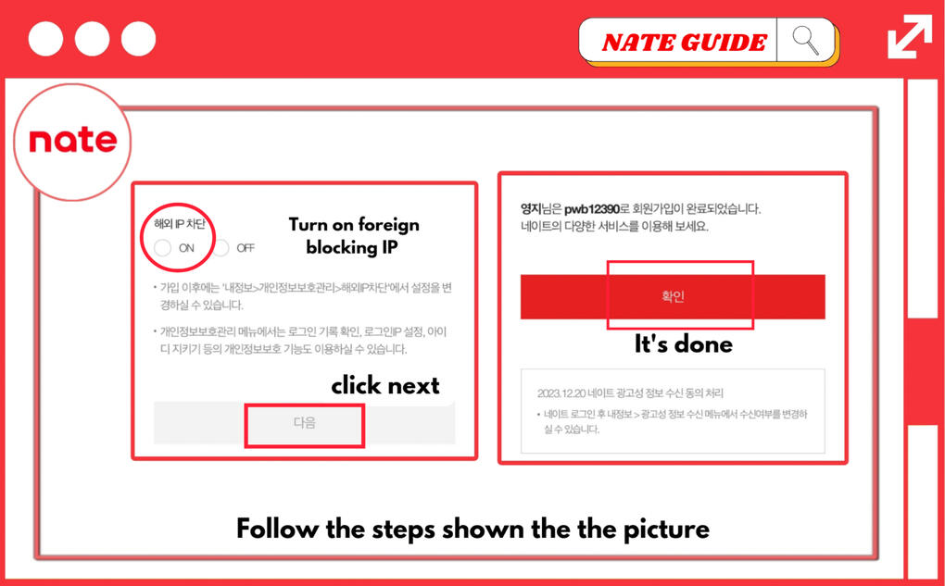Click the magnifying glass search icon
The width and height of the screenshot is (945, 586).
pos(805,41)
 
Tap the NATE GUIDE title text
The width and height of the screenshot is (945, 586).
pos(684,43)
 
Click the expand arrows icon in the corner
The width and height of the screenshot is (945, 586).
pos(910,37)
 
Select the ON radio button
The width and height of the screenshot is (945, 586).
pos(162,247)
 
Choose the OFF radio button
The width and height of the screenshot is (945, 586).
pos(221,247)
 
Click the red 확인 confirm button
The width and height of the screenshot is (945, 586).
pos(673,296)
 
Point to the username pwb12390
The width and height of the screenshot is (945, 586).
pos(592,209)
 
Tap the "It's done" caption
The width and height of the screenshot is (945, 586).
pos(684,343)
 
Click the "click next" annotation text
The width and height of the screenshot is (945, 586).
pos(385,385)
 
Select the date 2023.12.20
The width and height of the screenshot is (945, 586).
pos(561,393)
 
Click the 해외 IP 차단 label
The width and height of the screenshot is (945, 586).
pos(179,224)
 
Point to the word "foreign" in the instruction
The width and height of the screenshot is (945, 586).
pos(386,225)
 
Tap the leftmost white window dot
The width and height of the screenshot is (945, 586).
pos(45,39)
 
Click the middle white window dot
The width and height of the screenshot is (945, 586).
pos(93,39)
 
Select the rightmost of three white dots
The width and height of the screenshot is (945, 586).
pos(139,39)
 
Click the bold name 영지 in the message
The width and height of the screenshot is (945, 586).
pos(531,209)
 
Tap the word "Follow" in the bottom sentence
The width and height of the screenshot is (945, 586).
pos(277,529)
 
